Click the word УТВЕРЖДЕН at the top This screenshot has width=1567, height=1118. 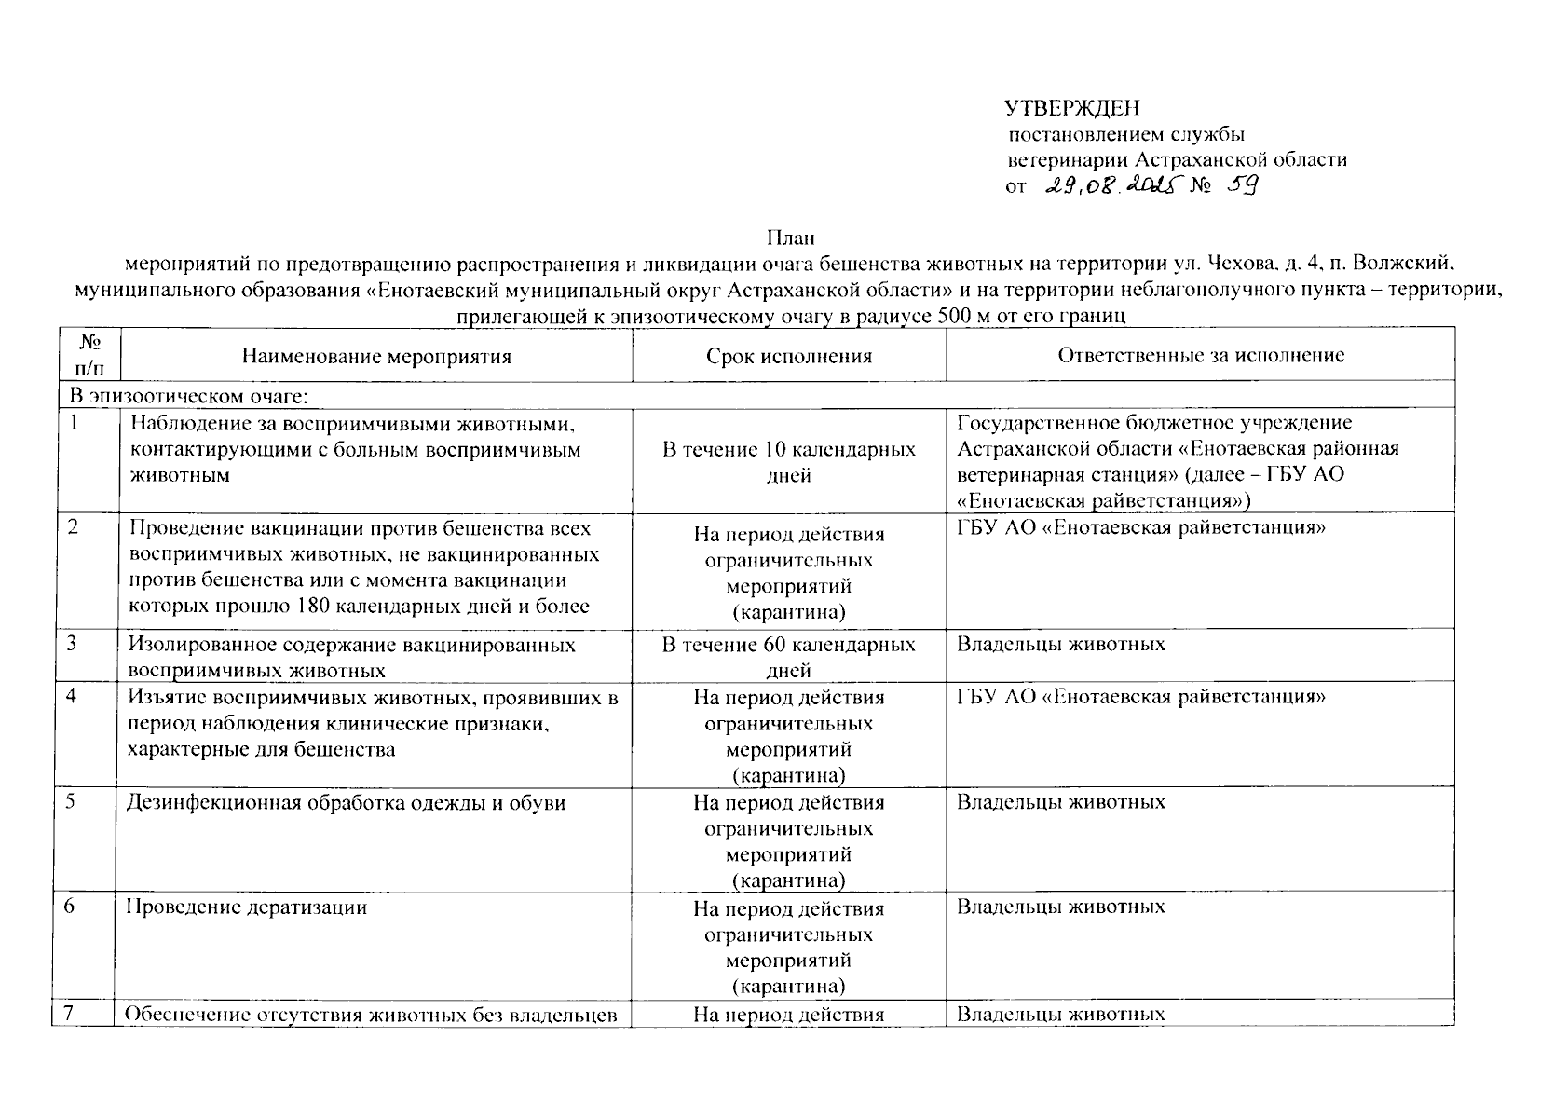(x=1072, y=109)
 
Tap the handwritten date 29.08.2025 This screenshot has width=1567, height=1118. (x=1110, y=185)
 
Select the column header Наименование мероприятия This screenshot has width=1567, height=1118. (x=376, y=356)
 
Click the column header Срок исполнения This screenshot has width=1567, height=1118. (x=788, y=356)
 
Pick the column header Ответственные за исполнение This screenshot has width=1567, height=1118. (x=1200, y=355)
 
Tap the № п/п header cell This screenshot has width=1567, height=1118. (x=89, y=355)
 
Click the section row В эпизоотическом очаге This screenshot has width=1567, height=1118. (x=189, y=397)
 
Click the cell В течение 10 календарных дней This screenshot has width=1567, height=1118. (x=788, y=462)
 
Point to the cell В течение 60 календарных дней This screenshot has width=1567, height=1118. (x=788, y=657)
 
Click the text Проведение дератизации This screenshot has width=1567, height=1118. (x=247, y=907)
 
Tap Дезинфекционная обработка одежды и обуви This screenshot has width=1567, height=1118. (x=346, y=802)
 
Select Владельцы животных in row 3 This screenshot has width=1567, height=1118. (x=1060, y=644)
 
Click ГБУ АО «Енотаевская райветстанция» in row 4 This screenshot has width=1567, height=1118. (x=1141, y=697)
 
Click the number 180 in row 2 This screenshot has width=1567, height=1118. (x=312, y=607)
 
